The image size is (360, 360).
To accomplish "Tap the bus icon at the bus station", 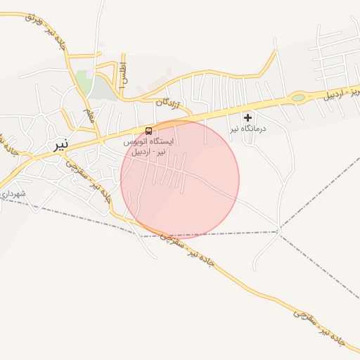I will pyautogui.click(x=148, y=131).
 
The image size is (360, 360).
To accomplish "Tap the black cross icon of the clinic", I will pyautogui.click(x=247, y=117).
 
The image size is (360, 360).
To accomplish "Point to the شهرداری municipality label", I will pyautogui.click(x=13, y=193).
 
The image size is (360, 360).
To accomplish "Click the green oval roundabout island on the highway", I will pyautogui.click(x=299, y=98).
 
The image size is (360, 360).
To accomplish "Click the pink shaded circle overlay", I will pyautogui.click(x=180, y=180).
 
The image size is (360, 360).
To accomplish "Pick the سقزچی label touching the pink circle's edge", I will pyautogui.click(x=167, y=237).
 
